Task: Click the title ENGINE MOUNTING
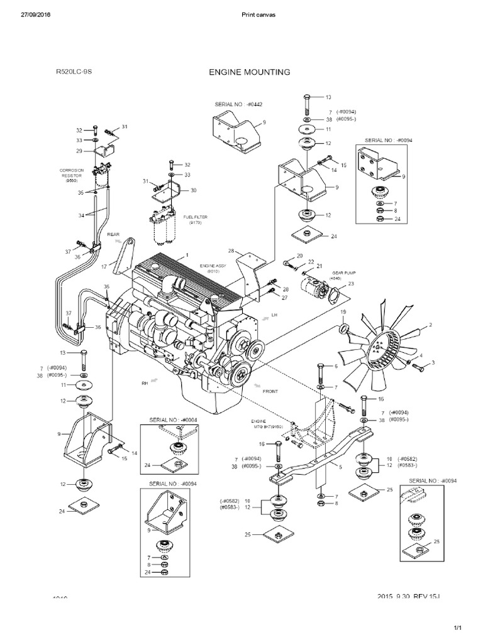[249, 72]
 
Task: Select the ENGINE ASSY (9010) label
[213, 269]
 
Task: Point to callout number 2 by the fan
[431, 325]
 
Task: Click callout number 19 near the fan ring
[344, 312]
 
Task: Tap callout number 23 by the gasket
[351, 283]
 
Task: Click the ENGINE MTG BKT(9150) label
[264, 424]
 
